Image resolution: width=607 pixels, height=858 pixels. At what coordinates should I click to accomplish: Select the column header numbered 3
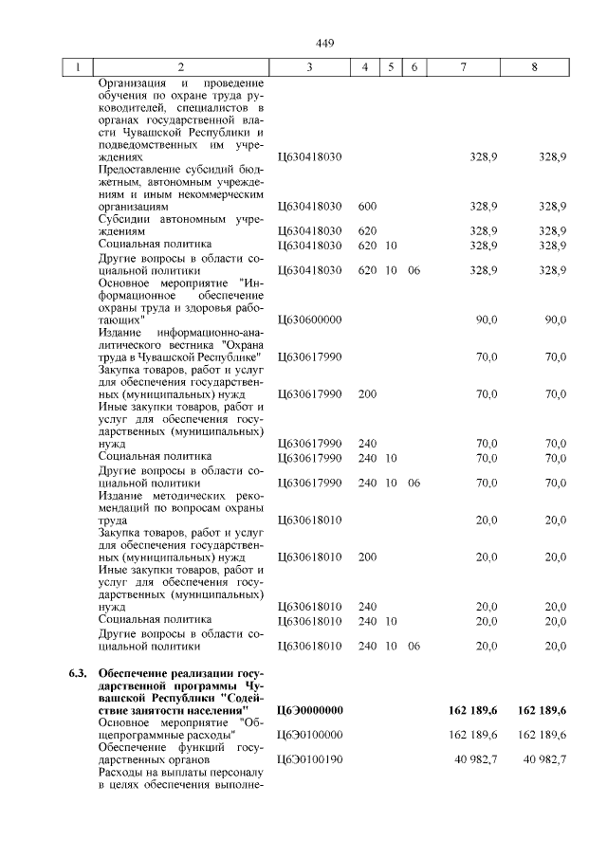[x=309, y=67]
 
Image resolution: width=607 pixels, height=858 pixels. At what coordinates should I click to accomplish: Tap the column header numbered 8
[x=535, y=67]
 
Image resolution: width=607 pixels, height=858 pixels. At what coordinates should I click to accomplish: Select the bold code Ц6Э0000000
[x=309, y=710]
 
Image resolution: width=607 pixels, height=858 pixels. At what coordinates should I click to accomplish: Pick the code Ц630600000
[x=309, y=319]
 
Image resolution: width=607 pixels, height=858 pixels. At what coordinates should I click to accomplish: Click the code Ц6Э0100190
[x=309, y=759]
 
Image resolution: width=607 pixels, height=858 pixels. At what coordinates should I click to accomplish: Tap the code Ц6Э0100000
[x=309, y=735]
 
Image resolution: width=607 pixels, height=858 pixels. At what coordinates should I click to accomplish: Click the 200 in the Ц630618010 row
[x=368, y=557]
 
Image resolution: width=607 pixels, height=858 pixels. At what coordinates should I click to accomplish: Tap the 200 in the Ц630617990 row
[x=368, y=393]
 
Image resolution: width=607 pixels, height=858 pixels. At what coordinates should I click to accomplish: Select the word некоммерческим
[x=219, y=193]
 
